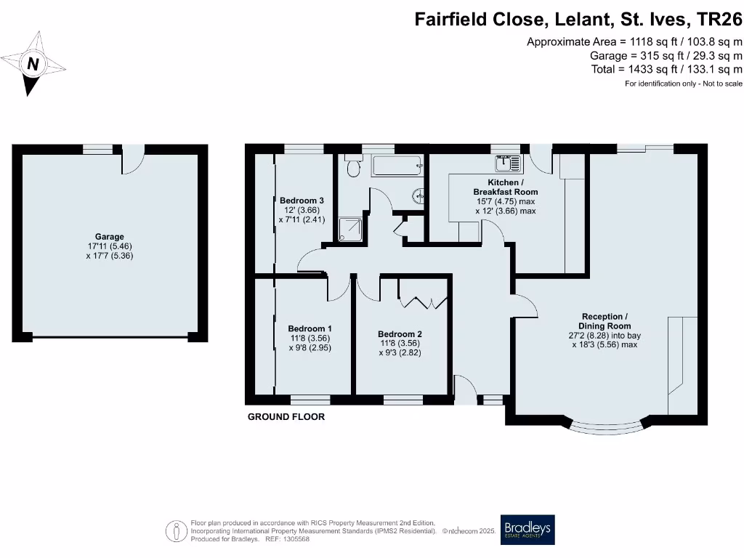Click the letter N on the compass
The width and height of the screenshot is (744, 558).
32,64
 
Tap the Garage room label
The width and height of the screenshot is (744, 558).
109,237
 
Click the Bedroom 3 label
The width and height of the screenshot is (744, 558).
302,201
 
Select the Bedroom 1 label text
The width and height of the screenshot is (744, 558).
310,328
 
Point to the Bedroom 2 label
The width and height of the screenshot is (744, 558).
400,334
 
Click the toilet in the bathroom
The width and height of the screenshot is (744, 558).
354,168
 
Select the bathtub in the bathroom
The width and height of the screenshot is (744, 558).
397,166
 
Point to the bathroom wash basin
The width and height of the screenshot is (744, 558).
418,195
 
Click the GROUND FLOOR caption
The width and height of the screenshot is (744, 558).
286,417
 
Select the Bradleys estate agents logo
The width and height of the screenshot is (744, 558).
527,530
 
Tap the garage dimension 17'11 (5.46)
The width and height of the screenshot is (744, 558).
109,246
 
